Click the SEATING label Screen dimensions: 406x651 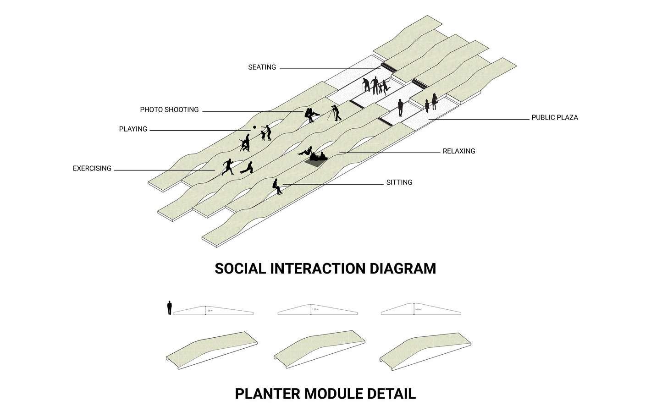point(262,67)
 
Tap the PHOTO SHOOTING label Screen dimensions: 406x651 point(169,110)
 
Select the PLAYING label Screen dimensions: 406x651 point(133,129)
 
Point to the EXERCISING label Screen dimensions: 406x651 point(92,169)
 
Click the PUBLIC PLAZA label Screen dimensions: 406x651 point(554,118)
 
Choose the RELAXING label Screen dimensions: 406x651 point(458,151)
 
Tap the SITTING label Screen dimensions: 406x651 point(399,182)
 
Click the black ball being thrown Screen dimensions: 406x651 point(254,127)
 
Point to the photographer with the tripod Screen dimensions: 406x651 point(337,113)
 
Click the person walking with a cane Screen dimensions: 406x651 point(366,85)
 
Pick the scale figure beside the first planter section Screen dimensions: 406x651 point(169,307)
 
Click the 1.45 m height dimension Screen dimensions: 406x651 point(417,310)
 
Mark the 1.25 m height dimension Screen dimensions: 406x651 point(314,310)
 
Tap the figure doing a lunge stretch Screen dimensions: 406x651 point(247,168)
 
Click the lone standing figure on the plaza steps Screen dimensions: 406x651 point(400,108)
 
